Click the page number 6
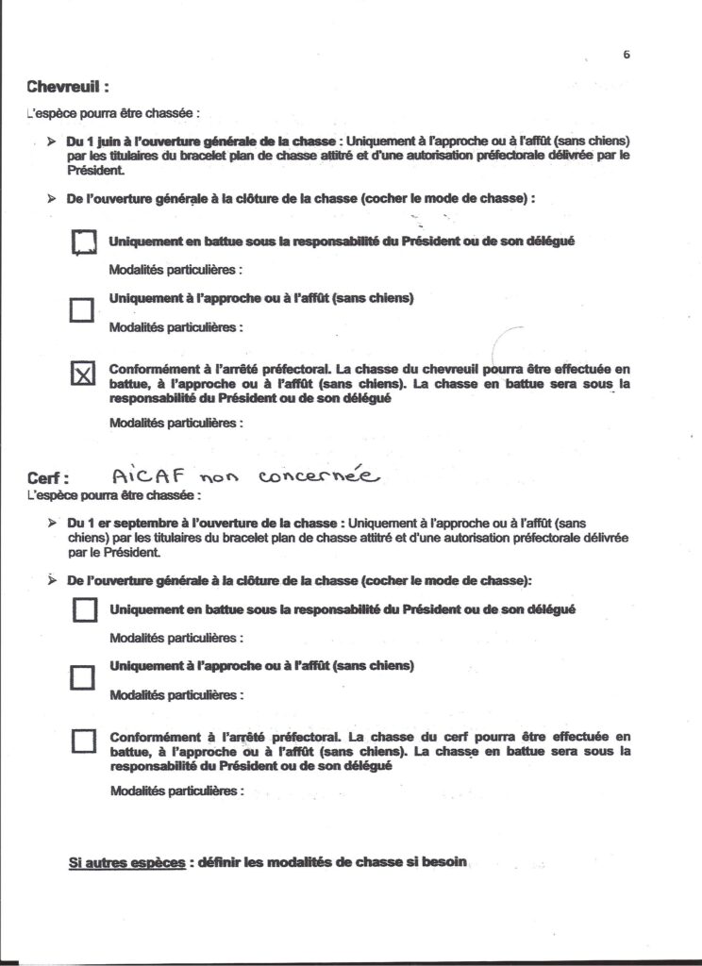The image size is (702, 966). coord(627,55)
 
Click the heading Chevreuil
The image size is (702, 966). coord(69,87)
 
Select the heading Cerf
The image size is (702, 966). coord(50,478)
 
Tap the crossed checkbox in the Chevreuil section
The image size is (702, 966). coord(84,375)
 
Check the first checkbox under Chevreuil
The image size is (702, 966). coord(84,243)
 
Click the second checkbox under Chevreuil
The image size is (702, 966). coord(83,308)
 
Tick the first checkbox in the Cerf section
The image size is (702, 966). coord(84,610)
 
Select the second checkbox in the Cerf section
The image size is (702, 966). coord(84,676)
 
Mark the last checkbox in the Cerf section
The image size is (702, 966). coord(84,741)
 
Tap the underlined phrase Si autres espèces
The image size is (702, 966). coord(126,862)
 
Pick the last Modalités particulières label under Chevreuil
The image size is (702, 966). coord(176,423)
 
